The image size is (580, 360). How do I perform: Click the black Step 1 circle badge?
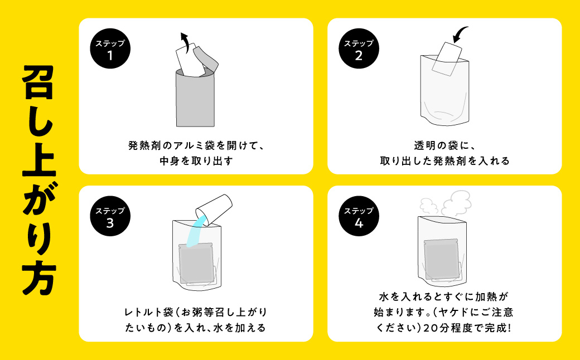(x=110, y=48)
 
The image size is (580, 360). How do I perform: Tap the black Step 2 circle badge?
(x=359, y=48)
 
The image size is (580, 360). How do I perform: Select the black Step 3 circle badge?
(x=110, y=216)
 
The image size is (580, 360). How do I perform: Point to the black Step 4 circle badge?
(x=359, y=216)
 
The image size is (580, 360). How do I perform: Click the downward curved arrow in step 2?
(x=460, y=34)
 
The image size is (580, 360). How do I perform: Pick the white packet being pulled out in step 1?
(x=190, y=61)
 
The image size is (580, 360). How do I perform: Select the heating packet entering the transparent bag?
(x=447, y=59)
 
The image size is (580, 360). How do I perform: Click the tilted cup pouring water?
(x=214, y=210)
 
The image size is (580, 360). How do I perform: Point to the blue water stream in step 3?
(x=195, y=231)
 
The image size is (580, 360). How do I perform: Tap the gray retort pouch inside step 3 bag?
(x=196, y=264)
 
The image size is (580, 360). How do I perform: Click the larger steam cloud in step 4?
(x=456, y=202)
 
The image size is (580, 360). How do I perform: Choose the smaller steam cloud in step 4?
(x=428, y=206)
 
